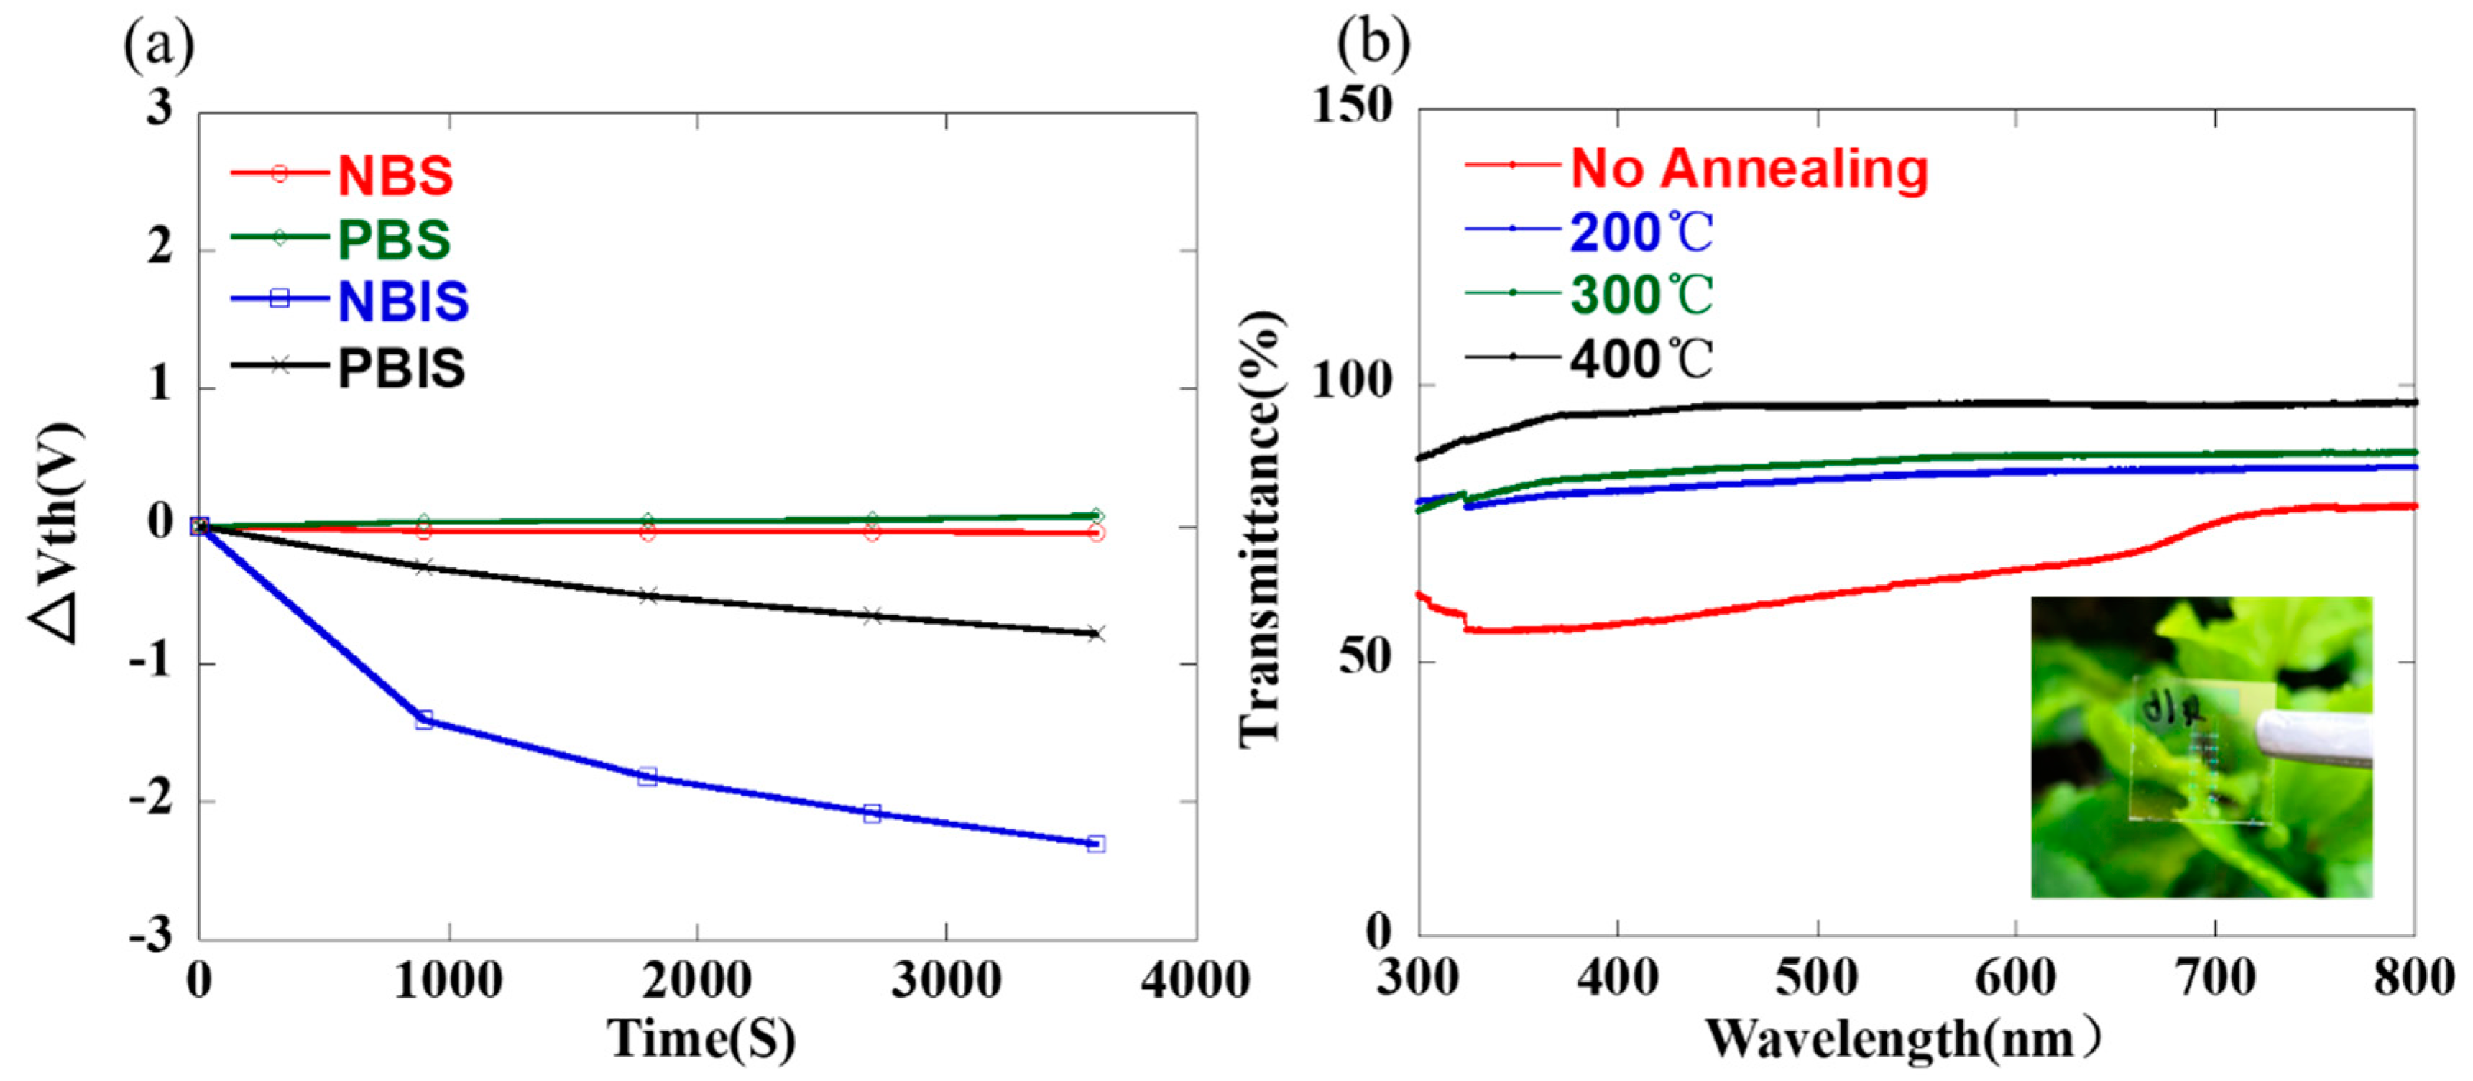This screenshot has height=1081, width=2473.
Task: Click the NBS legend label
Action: pos(395,175)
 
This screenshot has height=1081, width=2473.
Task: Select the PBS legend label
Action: pos(394,240)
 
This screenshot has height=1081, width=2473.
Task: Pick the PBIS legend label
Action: pos(401,369)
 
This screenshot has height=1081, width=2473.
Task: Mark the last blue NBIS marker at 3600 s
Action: pos(1096,844)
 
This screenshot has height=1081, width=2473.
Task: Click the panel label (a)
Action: pos(158,45)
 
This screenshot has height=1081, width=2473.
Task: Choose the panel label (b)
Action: pos(1374,43)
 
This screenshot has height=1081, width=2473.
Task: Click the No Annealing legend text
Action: pos(1749,169)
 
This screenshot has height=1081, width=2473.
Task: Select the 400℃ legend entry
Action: pos(1641,360)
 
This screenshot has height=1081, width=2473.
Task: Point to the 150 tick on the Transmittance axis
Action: pos(1353,106)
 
